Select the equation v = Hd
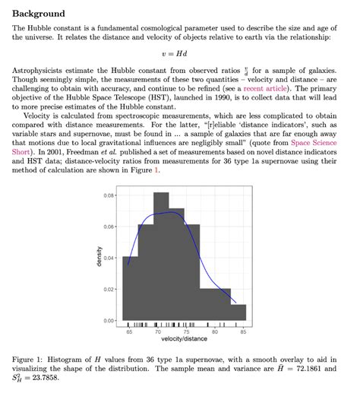179,54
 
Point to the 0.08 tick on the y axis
109,196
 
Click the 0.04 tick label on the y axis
109,258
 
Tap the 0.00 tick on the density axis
109,320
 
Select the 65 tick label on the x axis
129,332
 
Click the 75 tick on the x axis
187,332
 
